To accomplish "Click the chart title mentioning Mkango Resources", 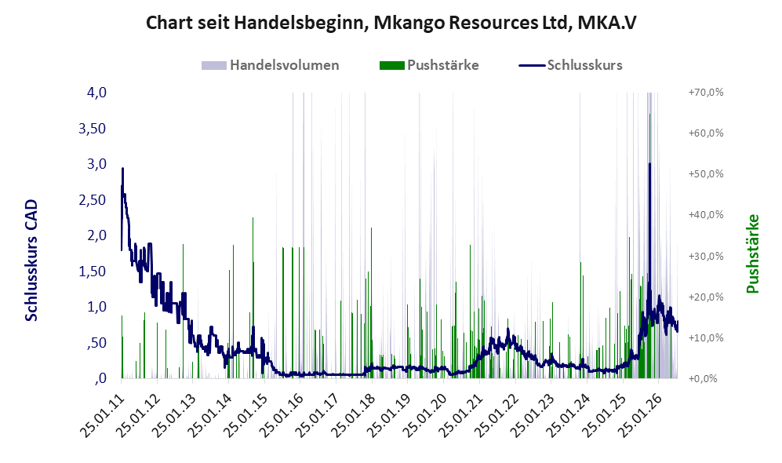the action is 391,23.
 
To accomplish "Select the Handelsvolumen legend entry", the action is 271,65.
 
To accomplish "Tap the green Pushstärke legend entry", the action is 429,65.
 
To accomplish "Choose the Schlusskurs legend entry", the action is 570,65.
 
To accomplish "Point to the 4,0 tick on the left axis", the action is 96,93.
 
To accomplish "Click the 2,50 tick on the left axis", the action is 93,199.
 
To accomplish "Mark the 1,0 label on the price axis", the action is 96,307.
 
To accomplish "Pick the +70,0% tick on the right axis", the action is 706,93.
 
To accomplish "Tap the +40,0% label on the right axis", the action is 706,214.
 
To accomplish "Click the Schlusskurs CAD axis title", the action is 31,261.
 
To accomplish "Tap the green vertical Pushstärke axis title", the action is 752,253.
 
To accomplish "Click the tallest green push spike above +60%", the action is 649,115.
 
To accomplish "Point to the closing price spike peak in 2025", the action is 649,164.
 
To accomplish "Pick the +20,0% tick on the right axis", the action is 706,297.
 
